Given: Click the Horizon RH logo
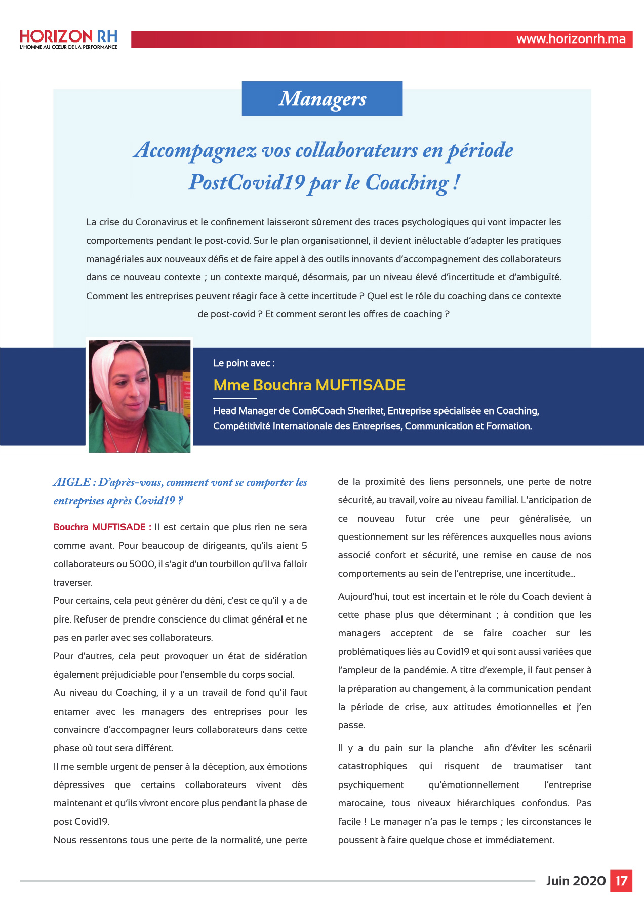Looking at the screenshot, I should [x=68, y=39].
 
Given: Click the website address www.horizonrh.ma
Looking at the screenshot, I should [x=571, y=39].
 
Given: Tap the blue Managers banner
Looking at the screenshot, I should [x=322, y=99].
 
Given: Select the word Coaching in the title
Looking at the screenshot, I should [x=407, y=182].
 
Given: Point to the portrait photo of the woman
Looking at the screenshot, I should [x=139, y=396].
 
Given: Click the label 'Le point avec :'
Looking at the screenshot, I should [x=244, y=363].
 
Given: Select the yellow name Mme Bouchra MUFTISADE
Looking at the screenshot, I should [x=309, y=385].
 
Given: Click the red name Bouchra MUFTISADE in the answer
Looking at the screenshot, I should [x=102, y=527].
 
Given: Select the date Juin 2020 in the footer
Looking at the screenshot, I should [x=576, y=881].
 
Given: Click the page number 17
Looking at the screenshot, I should [x=621, y=881].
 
